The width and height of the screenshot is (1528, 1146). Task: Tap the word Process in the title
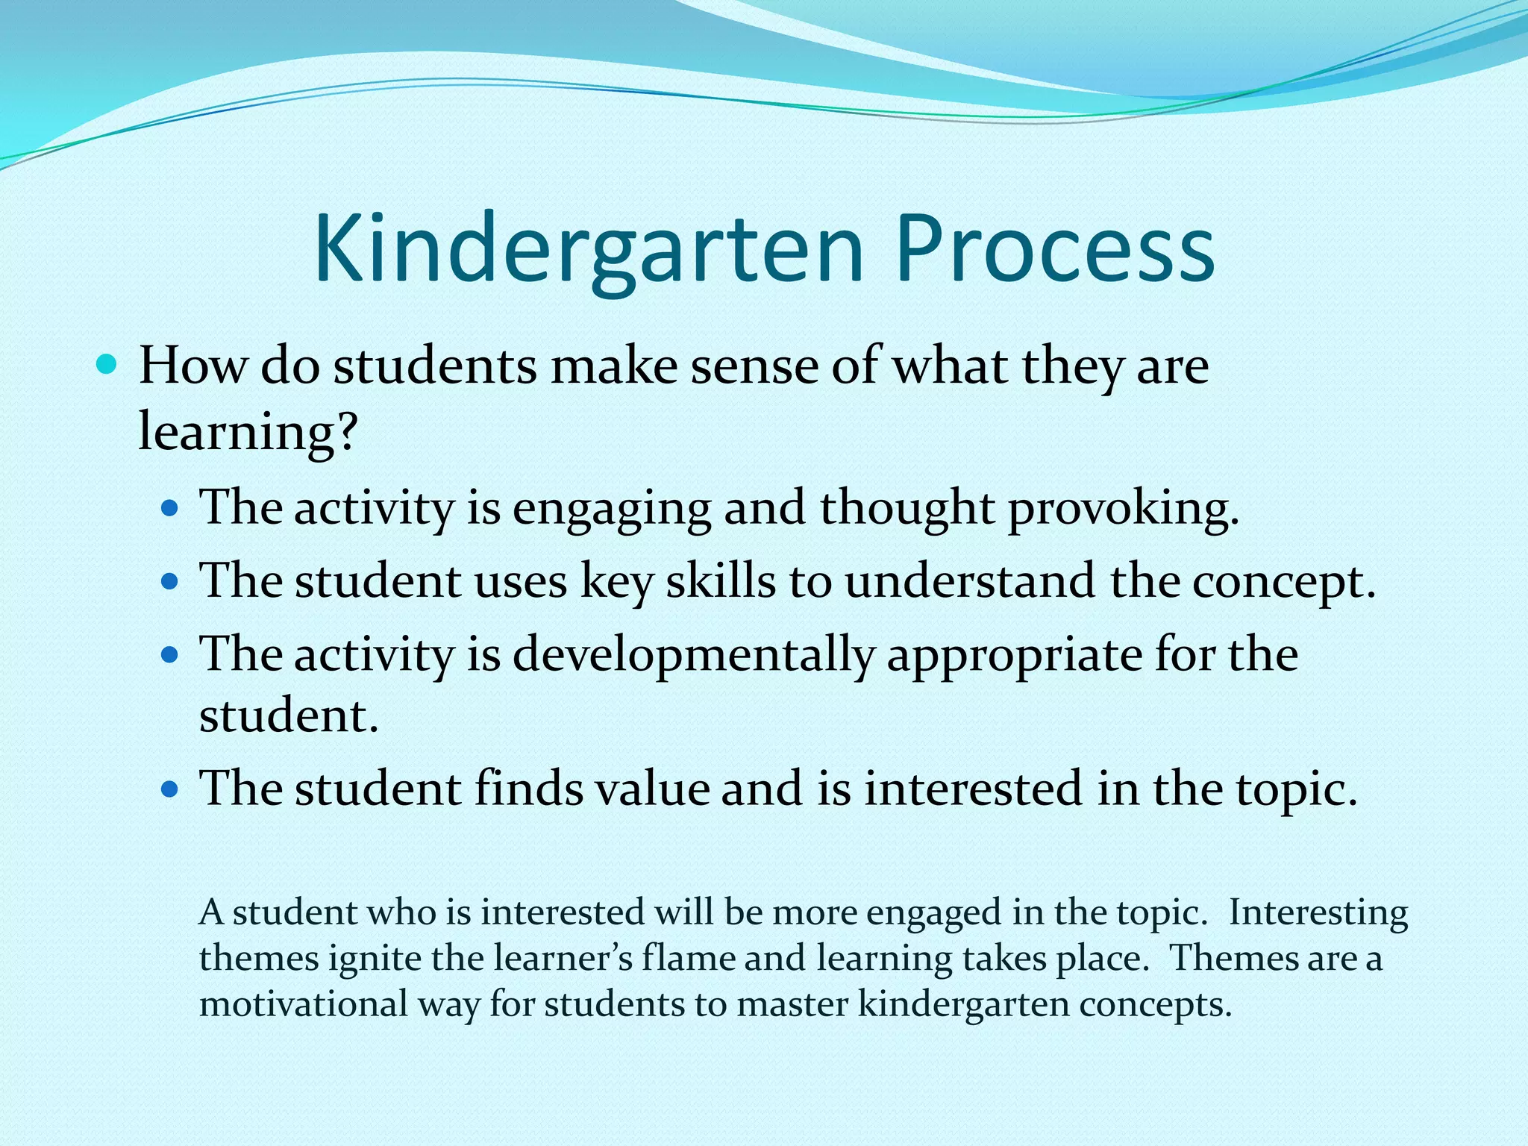coord(1055,250)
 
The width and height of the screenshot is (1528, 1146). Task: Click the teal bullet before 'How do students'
coord(107,366)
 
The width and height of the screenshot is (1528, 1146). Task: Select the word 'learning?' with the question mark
coord(248,433)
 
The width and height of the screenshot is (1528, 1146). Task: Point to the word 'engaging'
coord(612,510)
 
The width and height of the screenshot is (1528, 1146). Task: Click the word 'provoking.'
coord(1124,510)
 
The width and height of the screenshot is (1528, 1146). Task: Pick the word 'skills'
coord(720,581)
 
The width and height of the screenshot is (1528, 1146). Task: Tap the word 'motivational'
coord(303,1003)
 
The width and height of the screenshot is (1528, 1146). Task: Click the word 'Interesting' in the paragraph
coord(1318,912)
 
